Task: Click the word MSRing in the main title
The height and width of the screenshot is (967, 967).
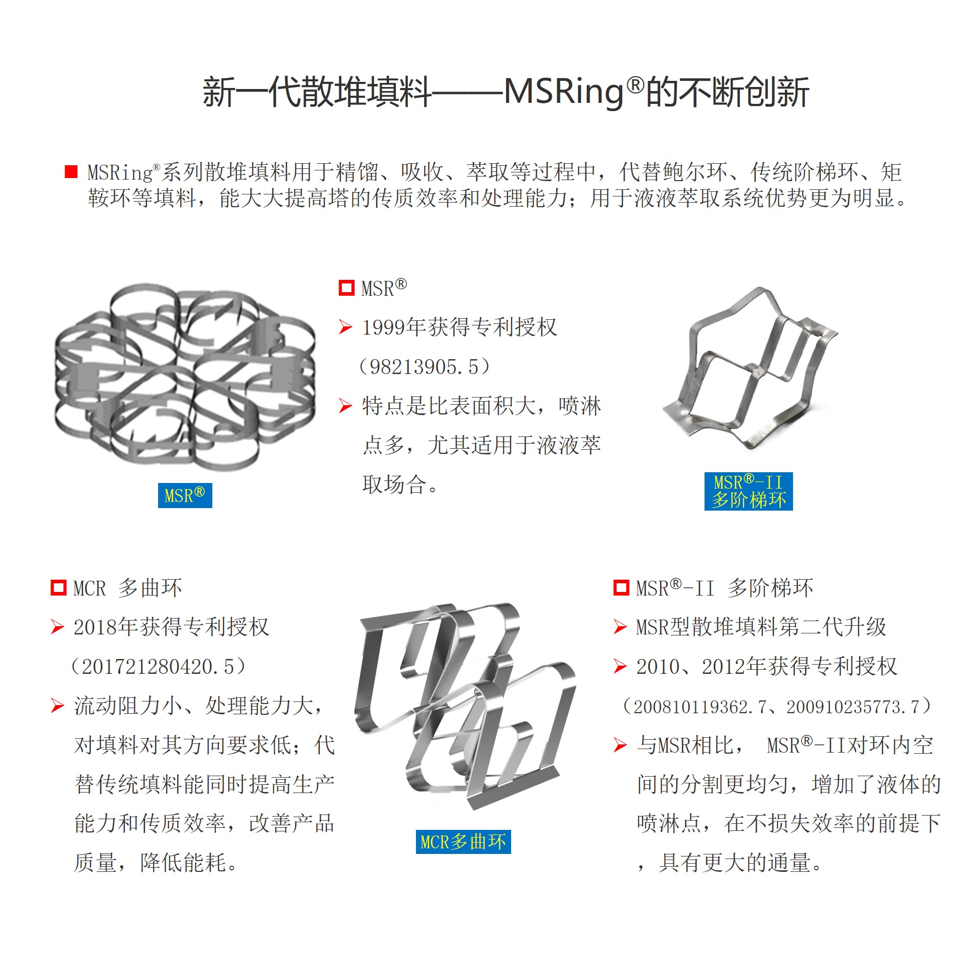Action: click(x=563, y=92)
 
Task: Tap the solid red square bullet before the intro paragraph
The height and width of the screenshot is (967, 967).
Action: click(x=71, y=172)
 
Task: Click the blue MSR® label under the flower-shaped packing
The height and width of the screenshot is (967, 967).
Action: click(x=185, y=495)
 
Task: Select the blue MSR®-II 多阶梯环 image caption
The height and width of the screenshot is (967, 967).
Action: click(x=748, y=491)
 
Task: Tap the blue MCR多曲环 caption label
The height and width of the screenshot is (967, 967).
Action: click(x=463, y=842)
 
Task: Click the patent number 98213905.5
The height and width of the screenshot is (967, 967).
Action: click(x=424, y=367)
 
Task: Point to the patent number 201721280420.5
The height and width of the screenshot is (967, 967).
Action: click(x=158, y=667)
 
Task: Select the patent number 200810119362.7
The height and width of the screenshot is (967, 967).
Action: click(x=700, y=707)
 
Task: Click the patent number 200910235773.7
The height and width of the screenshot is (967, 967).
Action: click(x=853, y=707)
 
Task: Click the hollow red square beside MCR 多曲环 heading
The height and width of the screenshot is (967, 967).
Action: click(x=58, y=588)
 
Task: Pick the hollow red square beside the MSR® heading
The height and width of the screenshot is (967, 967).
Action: click(x=346, y=288)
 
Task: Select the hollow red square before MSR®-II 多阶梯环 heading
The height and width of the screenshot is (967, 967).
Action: click(x=621, y=588)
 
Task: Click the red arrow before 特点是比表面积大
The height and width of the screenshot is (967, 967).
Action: click(x=346, y=406)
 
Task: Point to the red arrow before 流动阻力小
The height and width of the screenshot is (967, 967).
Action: click(x=57, y=706)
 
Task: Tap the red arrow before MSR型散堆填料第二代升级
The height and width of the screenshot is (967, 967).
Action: click(x=620, y=627)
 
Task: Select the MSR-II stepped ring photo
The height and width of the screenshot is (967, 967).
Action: click(x=750, y=368)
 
